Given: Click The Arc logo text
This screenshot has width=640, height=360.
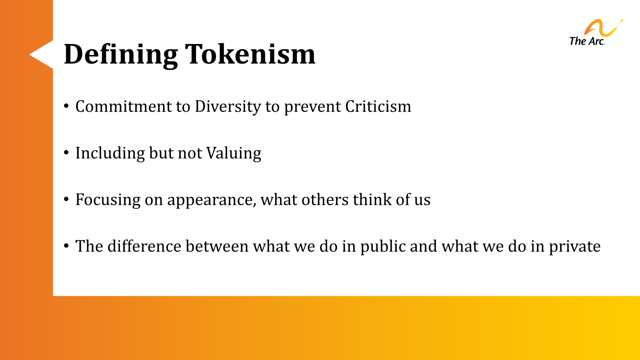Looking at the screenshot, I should click(586, 41).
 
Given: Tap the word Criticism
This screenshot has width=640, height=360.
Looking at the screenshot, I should click(378, 106).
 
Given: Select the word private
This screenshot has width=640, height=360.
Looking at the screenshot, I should click(574, 247).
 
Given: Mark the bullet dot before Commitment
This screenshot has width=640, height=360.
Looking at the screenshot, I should click(66, 106).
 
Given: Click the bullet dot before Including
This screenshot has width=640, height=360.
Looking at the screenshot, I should click(66, 153).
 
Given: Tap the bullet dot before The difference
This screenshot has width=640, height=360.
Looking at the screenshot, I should click(66, 246).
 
